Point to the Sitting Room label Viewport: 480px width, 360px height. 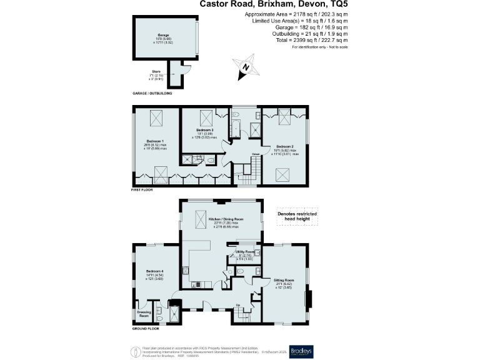[284, 281]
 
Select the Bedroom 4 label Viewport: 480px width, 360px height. [154, 271]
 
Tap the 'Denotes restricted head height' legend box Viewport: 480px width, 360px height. [297, 217]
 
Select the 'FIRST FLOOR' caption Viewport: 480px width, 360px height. [143, 189]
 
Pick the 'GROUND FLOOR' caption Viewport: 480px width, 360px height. [145, 328]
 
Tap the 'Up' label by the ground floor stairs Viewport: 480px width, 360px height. [237, 306]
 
